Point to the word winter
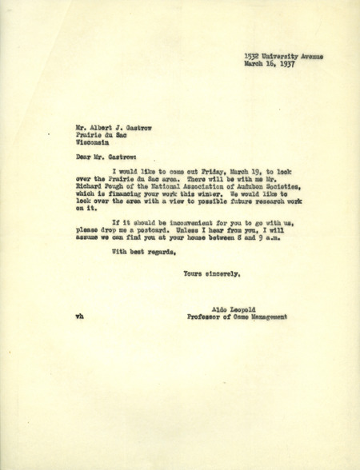coord(192,197)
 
